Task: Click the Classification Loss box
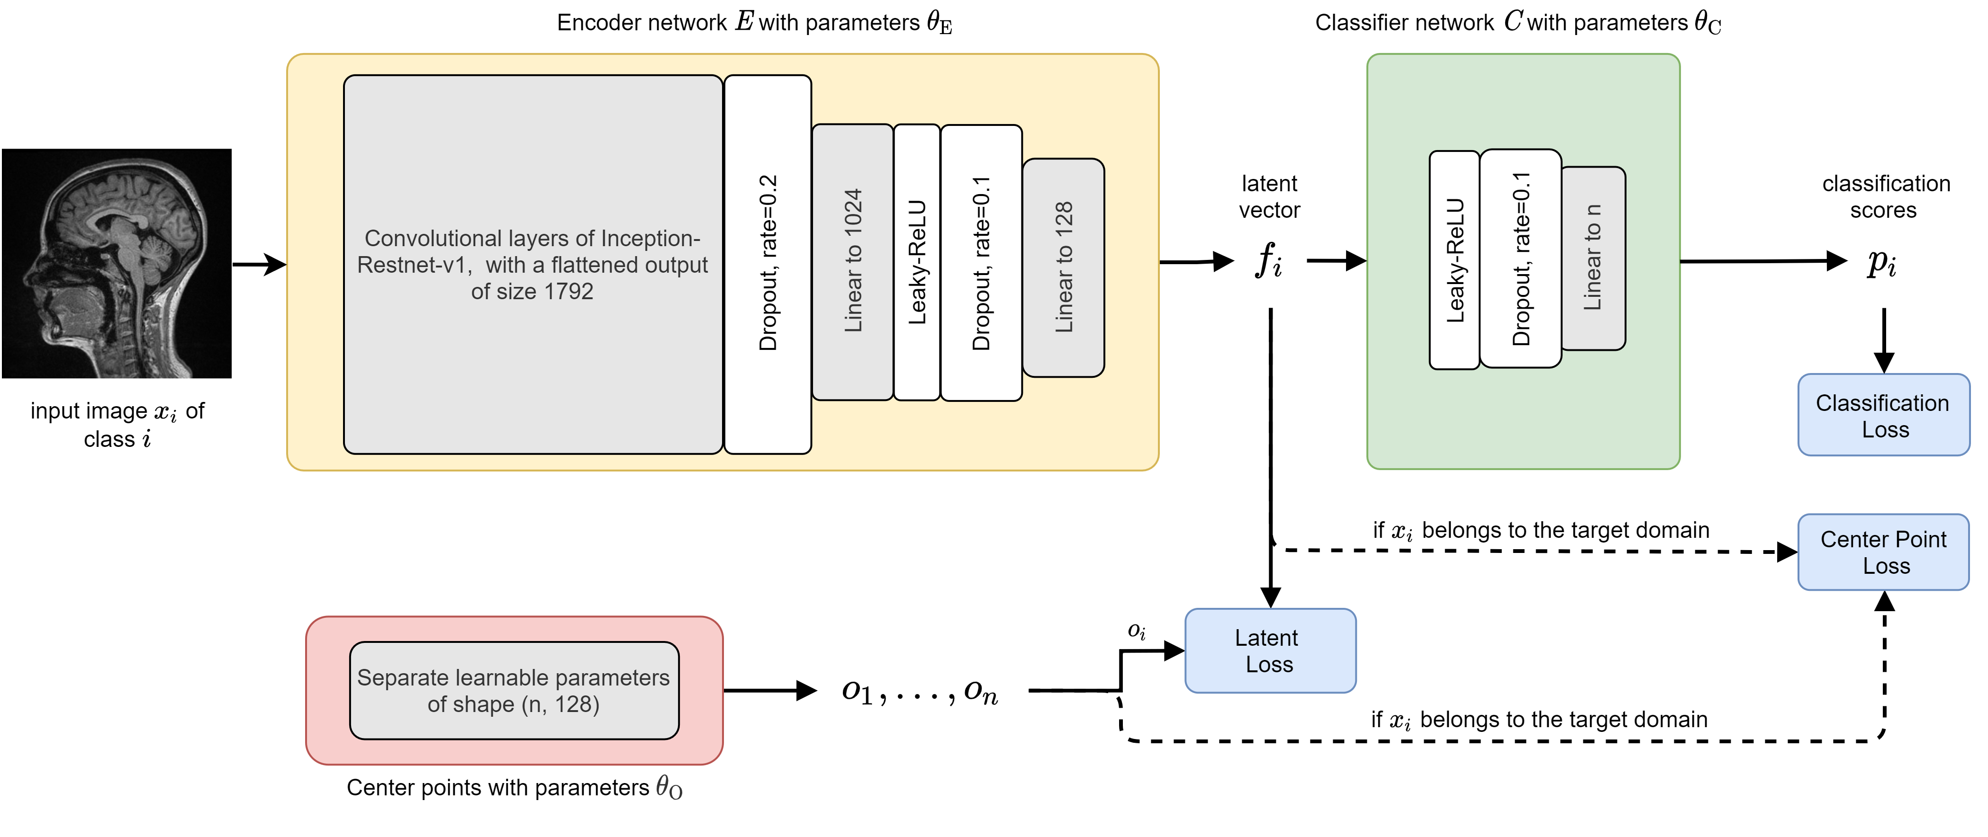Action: (1883, 415)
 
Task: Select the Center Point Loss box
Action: (1883, 552)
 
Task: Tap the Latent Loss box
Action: (1270, 650)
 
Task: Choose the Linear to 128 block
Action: (1064, 267)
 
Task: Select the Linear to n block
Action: (1593, 258)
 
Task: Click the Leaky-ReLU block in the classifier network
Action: (1454, 260)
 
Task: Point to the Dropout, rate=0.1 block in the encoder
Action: (981, 262)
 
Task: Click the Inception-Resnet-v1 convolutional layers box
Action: (533, 264)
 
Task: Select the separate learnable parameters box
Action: (514, 690)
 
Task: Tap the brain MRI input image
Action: (117, 263)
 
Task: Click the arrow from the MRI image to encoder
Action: (259, 264)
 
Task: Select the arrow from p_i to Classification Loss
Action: (1884, 339)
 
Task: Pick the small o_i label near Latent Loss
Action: (1137, 631)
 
